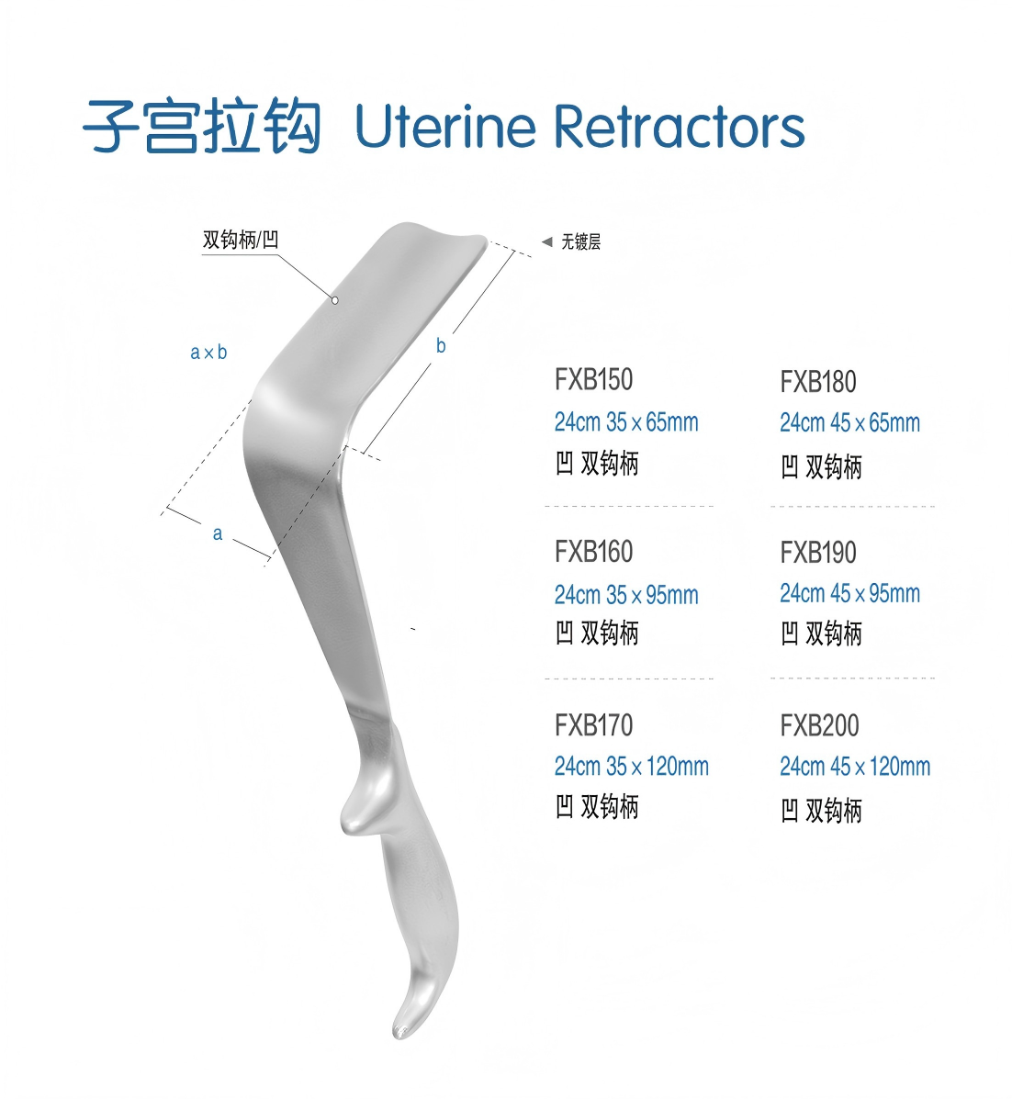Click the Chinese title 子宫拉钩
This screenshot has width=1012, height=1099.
pos(202,127)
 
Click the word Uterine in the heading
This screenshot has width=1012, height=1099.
pos(445,126)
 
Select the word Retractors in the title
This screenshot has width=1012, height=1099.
pos(680,126)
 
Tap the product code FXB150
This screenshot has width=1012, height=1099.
pos(593,379)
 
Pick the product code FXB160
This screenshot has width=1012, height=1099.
pos(593,552)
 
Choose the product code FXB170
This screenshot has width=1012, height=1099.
pos(593,724)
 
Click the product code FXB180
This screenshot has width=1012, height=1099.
pos(818,382)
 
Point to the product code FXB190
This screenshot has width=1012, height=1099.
pos(818,553)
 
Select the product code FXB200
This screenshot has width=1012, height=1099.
pos(819,725)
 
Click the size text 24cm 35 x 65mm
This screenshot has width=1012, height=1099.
pos(626,422)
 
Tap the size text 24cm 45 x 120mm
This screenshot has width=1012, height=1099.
pos(855,766)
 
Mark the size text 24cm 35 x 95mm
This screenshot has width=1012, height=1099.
pos(626,595)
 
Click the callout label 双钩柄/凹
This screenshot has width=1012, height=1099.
pos(241,240)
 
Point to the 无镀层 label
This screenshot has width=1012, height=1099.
pos(581,241)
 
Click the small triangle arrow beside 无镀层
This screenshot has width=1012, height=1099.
pos(546,241)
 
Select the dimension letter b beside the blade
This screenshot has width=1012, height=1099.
pos(441,345)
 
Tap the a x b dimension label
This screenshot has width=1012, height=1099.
pos(208,352)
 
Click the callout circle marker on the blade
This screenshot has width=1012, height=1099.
pos(335,300)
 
